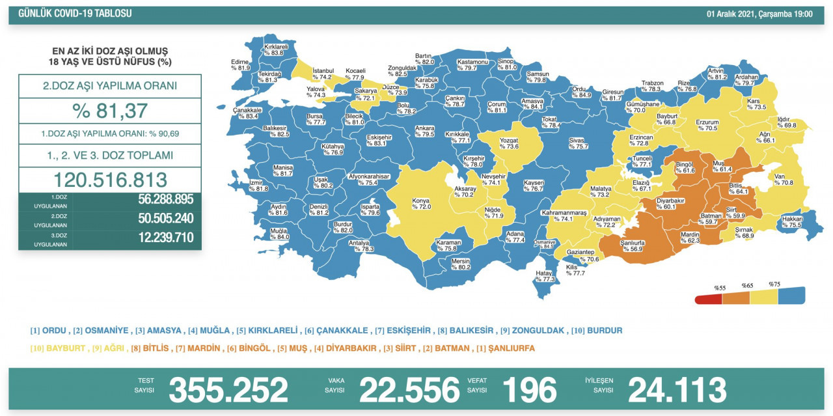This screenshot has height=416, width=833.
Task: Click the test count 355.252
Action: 228,389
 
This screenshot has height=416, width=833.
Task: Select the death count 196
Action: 529,389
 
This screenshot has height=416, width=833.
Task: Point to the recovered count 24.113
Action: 676,389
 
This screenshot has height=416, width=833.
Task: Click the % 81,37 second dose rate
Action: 110,111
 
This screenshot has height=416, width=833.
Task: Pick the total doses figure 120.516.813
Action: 110,180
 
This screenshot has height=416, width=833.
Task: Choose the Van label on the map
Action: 778,179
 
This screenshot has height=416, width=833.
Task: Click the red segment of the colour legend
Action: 708,299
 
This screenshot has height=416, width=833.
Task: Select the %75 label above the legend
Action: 774,284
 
